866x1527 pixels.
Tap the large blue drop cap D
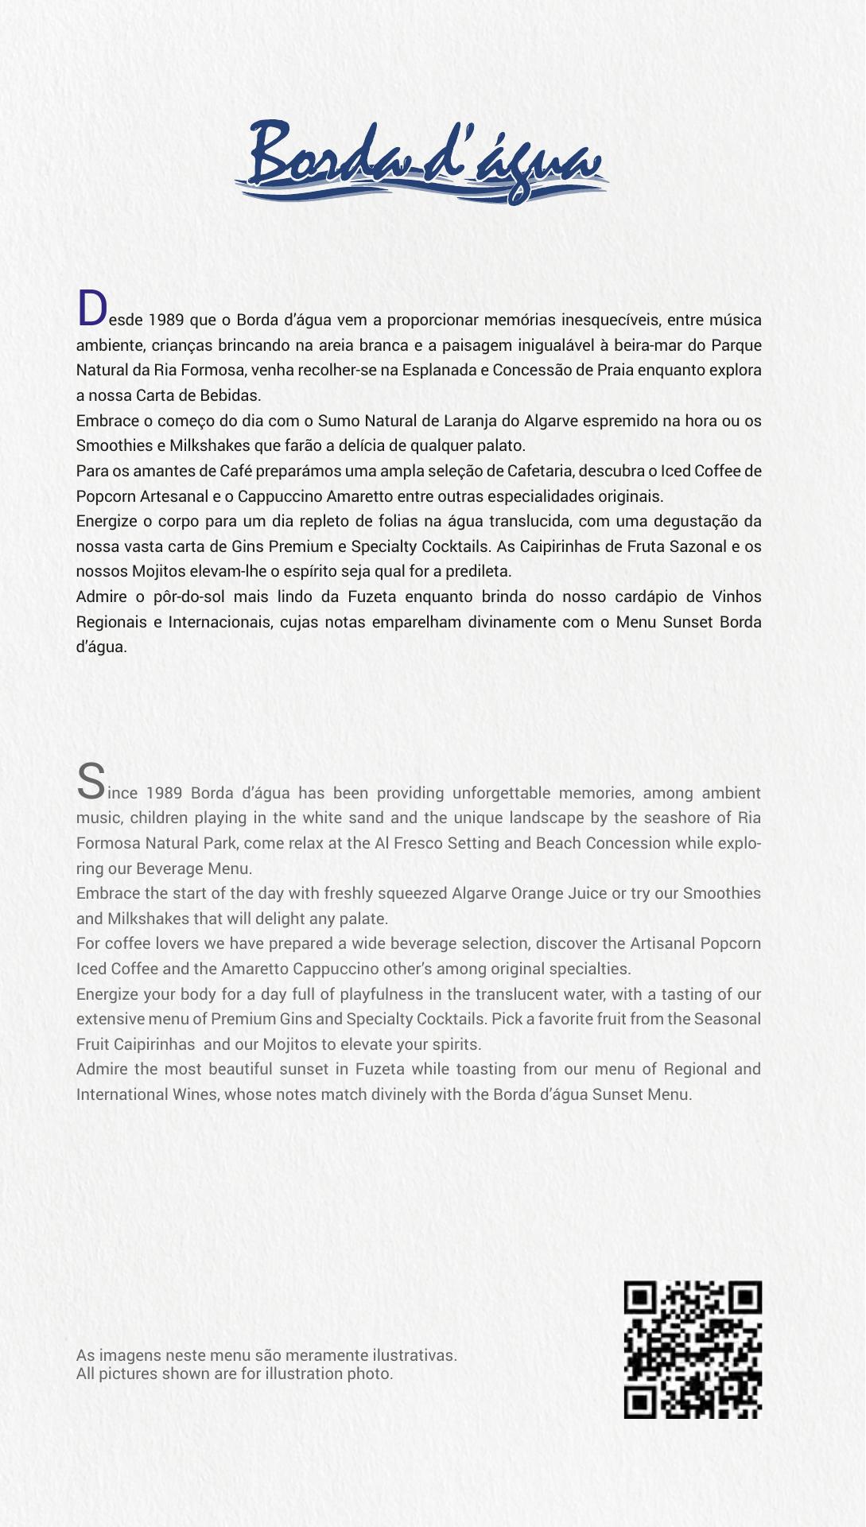tap(91, 309)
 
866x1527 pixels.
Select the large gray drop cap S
tap(91, 781)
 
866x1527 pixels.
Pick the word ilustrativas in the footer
tap(414, 1355)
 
